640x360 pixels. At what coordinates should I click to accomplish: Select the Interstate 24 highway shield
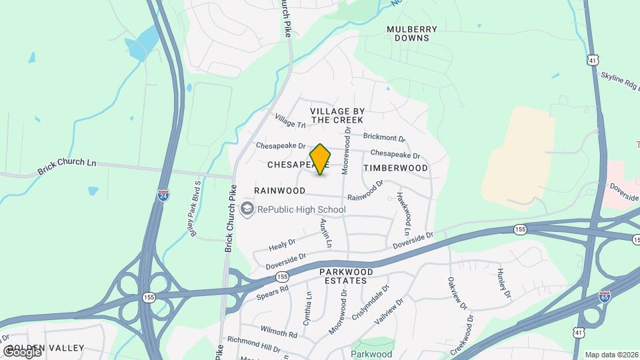pos(163,195)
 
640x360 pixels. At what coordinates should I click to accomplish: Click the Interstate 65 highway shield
pos(605,295)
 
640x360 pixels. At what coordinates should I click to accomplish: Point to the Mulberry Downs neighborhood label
pos(412,34)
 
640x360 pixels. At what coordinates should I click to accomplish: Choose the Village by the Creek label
pos(337,115)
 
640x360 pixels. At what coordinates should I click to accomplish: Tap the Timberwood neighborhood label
pos(396,168)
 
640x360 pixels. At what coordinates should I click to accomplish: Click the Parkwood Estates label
pos(343,277)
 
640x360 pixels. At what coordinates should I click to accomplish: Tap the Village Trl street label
pos(289,121)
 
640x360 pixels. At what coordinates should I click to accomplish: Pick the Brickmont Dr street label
pos(384,137)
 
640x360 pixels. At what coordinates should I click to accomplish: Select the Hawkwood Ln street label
pos(403,213)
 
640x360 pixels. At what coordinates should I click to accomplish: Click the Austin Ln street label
pos(325,233)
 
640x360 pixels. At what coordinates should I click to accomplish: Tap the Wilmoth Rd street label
pos(279,332)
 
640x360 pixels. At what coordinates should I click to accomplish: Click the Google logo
pos(21,351)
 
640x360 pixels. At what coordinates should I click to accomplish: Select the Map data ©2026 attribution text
pos(611,355)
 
